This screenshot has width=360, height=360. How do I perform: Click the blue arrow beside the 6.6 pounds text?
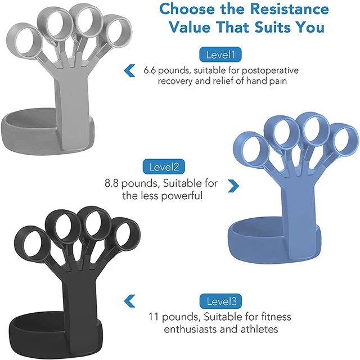tap(129, 70)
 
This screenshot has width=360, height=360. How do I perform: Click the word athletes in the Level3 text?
tap(258, 330)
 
